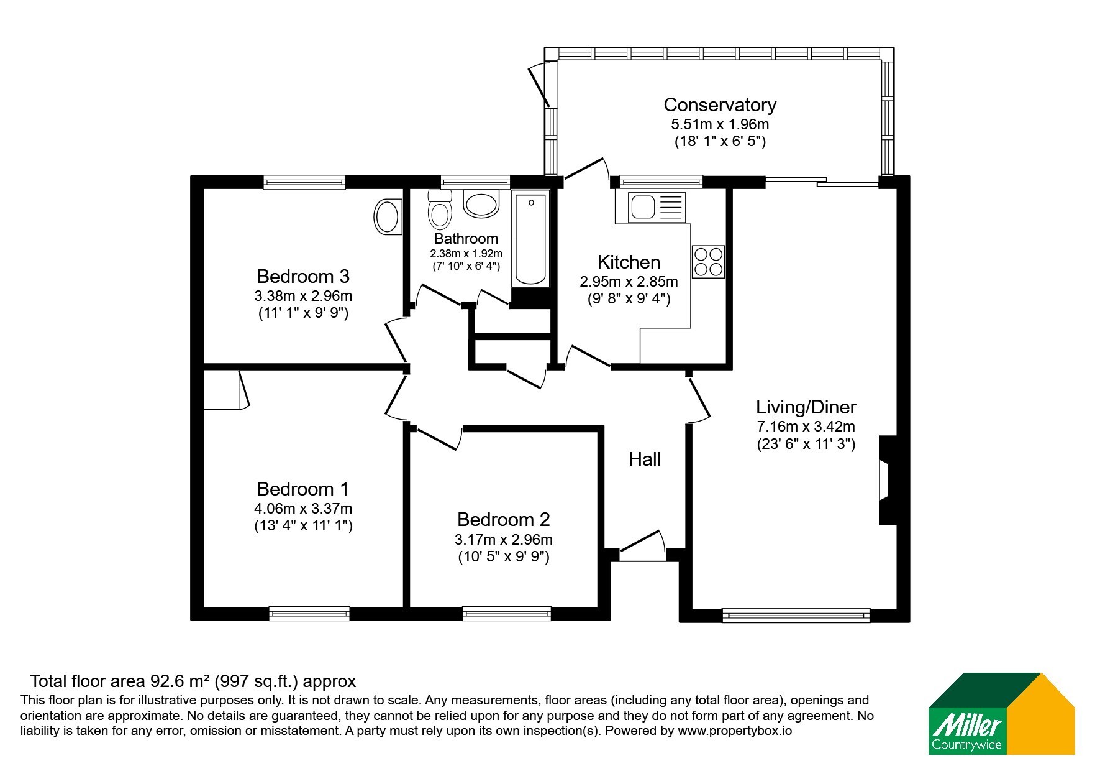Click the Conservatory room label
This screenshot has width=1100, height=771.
720,104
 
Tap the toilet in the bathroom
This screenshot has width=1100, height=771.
440,209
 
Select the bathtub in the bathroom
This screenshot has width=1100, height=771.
530,239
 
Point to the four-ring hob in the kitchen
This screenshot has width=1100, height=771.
709,261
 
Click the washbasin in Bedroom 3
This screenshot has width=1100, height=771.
388,217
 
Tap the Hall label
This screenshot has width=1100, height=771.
644,459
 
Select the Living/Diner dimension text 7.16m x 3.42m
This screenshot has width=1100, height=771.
806,427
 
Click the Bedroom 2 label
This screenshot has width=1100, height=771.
504,519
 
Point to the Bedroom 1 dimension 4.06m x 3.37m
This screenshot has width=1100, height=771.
304,509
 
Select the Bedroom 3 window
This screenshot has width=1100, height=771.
304,182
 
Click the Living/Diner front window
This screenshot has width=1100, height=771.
796,615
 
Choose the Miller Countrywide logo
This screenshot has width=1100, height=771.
1001,714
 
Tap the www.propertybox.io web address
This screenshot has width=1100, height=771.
735,731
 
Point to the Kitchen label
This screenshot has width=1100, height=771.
629,262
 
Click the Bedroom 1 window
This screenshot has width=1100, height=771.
309,614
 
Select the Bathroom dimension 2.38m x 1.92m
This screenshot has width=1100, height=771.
466,254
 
